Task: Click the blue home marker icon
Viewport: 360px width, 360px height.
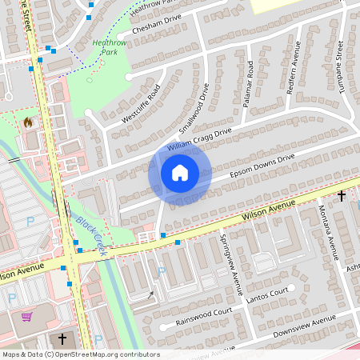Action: click(x=180, y=172)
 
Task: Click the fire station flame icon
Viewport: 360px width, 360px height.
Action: click(x=28, y=123)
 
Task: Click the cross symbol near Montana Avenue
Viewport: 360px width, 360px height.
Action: click(x=342, y=195)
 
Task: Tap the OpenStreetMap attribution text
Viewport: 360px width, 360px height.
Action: click(x=80, y=354)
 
